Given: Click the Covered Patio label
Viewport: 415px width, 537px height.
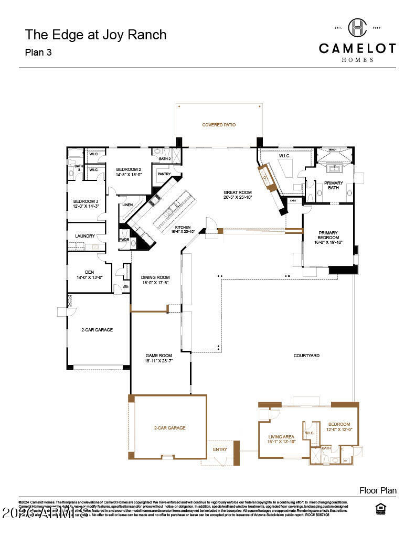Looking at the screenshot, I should tap(219, 125).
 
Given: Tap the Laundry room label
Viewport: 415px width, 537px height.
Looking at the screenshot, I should tap(85, 236).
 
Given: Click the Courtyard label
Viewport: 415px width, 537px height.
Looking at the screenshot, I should tap(306, 356).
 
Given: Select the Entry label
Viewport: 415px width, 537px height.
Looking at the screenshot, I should tap(220, 449).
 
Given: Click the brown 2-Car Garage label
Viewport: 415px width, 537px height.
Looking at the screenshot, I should tap(169, 428).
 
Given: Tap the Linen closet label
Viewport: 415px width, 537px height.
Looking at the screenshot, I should tap(126, 205).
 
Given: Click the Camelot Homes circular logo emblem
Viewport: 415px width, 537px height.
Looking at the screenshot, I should tap(357, 27).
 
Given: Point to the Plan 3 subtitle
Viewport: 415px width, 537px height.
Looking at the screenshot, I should tap(38, 52).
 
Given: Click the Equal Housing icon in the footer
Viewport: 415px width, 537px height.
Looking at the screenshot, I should tap(380, 509).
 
